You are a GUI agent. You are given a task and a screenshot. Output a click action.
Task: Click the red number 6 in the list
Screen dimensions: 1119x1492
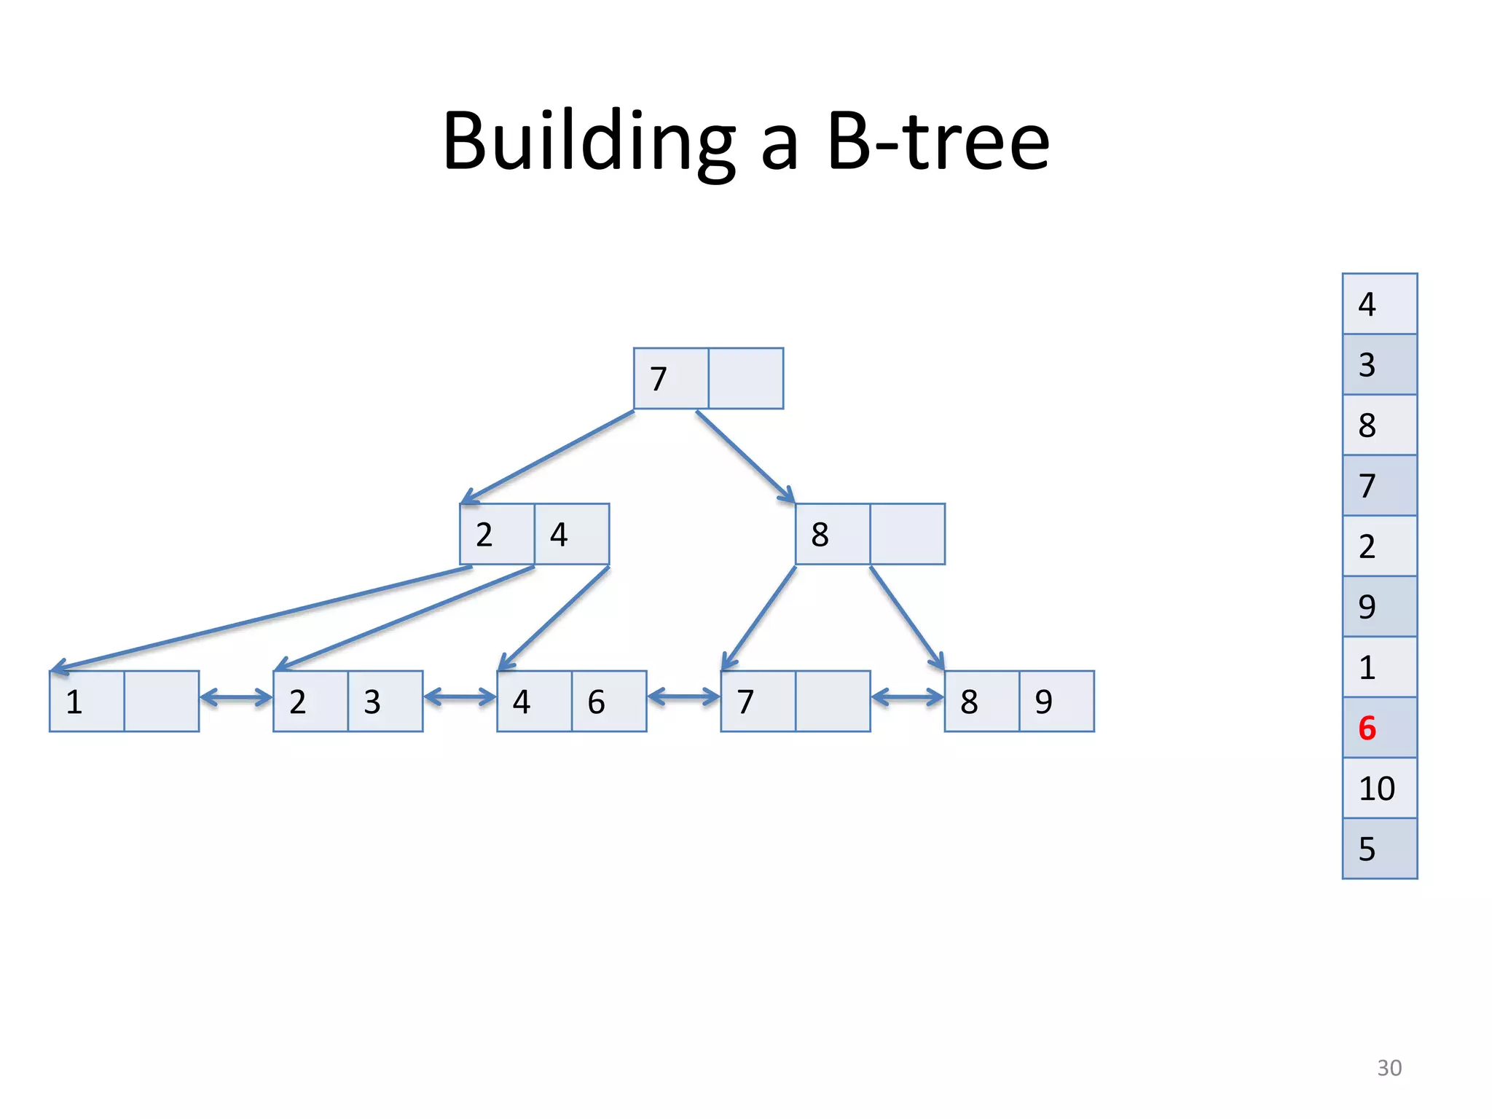[1367, 728]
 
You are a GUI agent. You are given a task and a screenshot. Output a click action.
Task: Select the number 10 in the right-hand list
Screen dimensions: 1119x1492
[1376, 788]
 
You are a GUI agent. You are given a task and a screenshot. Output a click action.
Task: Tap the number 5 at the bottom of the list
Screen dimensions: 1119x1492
[1367, 849]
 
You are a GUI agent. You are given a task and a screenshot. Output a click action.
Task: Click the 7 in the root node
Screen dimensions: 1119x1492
[659, 379]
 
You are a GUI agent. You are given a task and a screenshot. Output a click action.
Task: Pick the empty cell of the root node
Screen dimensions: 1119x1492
[746, 379]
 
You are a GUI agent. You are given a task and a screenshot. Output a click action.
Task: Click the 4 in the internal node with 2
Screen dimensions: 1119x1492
[559, 535]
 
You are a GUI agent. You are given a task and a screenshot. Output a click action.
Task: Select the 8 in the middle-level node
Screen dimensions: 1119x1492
[820, 535]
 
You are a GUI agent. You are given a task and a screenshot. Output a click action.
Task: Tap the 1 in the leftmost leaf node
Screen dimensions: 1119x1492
[74, 702]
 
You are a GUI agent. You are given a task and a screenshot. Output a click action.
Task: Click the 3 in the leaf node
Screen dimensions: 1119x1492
[372, 702]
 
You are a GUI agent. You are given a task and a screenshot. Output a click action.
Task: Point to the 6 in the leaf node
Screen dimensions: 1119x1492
[596, 702]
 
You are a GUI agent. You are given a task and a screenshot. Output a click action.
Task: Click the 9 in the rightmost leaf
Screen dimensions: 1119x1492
[1044, 702]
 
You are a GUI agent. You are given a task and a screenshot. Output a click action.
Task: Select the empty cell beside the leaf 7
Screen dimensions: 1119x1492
[833, 702]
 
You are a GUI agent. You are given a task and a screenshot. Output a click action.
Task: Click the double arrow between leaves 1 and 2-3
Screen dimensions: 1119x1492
[236, 698]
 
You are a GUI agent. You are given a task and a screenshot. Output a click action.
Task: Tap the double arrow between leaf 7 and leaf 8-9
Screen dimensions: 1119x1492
[907, 698]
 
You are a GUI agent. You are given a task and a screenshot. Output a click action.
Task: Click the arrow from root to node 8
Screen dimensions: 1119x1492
[745, 457]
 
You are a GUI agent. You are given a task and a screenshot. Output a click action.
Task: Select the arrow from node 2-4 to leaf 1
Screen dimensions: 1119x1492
[262, 619]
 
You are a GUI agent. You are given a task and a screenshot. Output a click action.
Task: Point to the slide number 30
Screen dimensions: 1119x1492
[1389, 1067]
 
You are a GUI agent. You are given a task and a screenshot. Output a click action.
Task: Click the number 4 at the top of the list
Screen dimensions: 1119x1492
[1367, 304]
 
